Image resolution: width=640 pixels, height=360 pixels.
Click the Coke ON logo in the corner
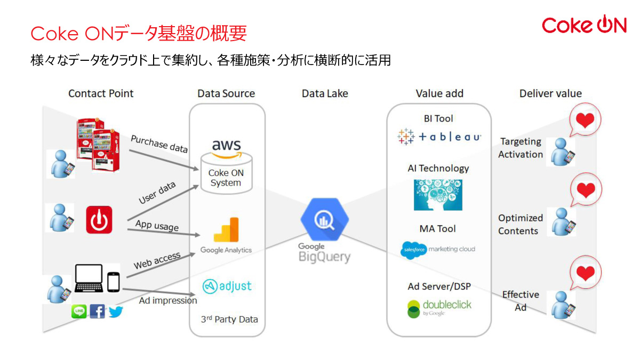coord(583,25)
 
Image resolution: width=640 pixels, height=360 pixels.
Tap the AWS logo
coord(226,148)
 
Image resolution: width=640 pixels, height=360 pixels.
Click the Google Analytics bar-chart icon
coord(226,230)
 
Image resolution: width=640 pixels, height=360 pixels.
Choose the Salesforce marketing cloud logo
coord(438,249)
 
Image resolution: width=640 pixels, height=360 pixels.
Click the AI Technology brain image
coord(438,195)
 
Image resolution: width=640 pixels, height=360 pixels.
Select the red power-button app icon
coord(99,220)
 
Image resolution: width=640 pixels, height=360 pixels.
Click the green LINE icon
coord(79,311)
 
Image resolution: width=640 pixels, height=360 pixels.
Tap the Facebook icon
coord(97,311)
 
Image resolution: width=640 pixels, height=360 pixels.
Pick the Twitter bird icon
coord(116,311)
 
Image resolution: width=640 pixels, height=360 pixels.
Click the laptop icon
coord(89,279)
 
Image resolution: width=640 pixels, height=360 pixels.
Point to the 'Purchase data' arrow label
coord(159,144)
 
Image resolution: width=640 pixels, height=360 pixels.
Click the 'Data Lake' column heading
coord(325,93)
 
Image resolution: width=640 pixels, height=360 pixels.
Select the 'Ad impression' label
coord(168,300)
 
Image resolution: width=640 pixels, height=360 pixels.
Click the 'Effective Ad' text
coord(521,301)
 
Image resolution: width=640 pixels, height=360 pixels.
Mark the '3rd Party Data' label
coord(229,319)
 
